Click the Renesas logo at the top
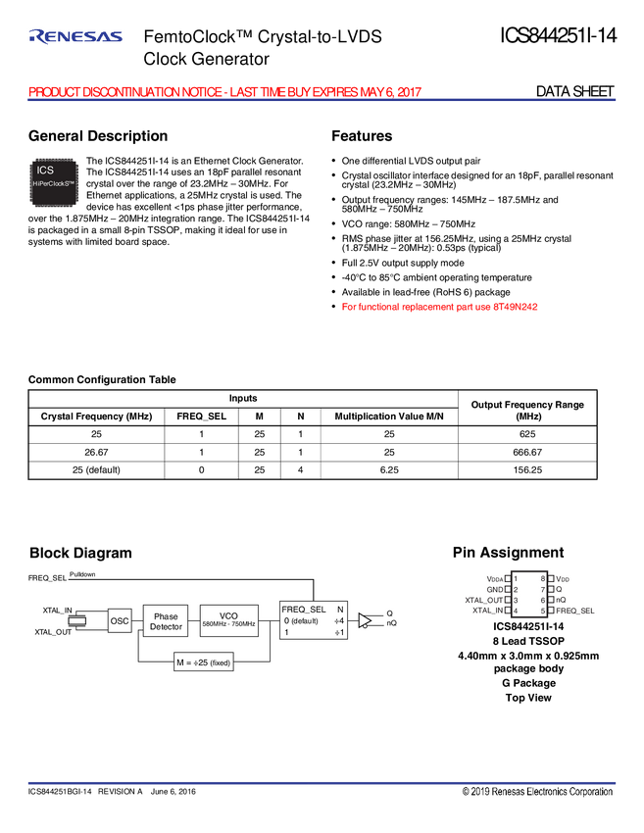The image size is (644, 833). coord(76,37)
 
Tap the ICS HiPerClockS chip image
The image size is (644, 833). coord(53,182)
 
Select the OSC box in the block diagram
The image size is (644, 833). coord(119,620)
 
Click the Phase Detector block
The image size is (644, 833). coord(166,621)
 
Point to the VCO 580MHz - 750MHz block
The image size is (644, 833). coord(227,619)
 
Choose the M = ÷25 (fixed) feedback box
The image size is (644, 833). coord(203,663)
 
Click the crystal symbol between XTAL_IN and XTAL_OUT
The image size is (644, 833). coord(83,619)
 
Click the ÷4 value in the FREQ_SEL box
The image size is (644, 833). coord(339,620)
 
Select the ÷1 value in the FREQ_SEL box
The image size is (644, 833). coord(339,633)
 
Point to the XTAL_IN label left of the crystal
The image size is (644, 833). coord(57,610)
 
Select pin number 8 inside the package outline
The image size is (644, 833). coord(543,579)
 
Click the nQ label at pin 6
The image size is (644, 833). coord(561,600)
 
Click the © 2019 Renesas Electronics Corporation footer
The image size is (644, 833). coord(537,792)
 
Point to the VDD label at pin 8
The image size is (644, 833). coord(563,579)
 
